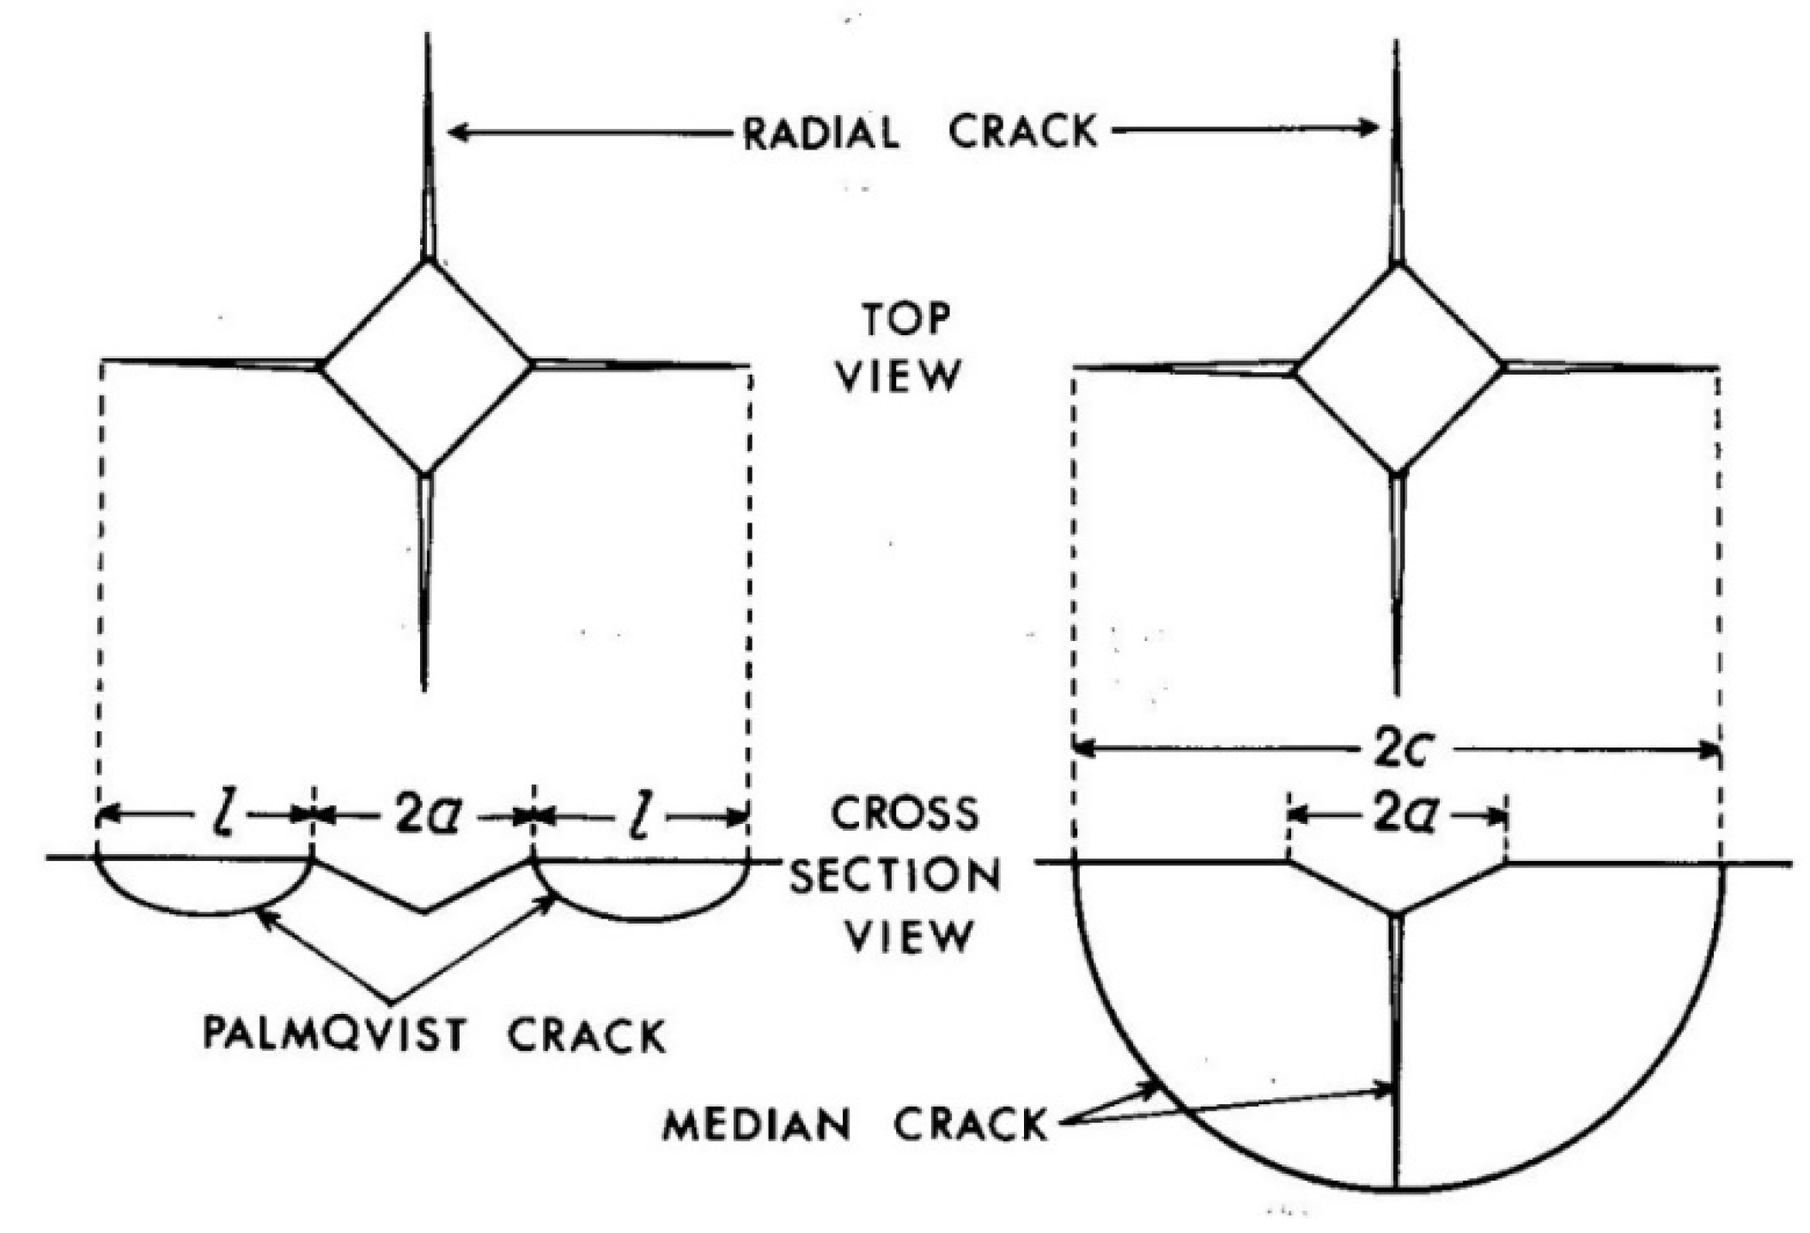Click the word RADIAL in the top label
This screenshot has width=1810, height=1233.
click(820, 134)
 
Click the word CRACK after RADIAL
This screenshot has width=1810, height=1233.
click(1022, 132)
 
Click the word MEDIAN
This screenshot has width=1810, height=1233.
click(757, 1124)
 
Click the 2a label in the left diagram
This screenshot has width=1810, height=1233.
click(426, 815)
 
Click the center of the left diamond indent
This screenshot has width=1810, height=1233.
click(427, 366)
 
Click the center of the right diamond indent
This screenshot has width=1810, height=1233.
click(1399, 369)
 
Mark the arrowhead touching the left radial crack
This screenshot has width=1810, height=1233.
click(455, 132)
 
